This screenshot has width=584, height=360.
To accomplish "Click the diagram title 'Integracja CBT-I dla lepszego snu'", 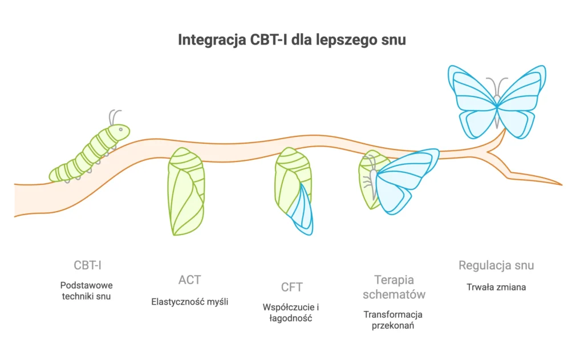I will click(x=292, y=41).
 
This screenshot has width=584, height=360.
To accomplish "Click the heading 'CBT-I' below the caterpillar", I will click(x=87, y=265).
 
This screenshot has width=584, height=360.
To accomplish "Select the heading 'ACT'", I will click(x=189, y=280).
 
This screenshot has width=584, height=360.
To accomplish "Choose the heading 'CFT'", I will click(x=291, y=287).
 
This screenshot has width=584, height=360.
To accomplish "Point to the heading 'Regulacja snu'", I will click(x=496, y=265).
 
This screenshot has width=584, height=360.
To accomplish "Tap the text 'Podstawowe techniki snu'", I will click(x=87, y=290).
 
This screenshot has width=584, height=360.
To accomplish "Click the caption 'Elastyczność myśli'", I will click(x=189, y=302).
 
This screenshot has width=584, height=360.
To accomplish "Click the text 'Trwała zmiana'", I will click(x=496, y=287).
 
